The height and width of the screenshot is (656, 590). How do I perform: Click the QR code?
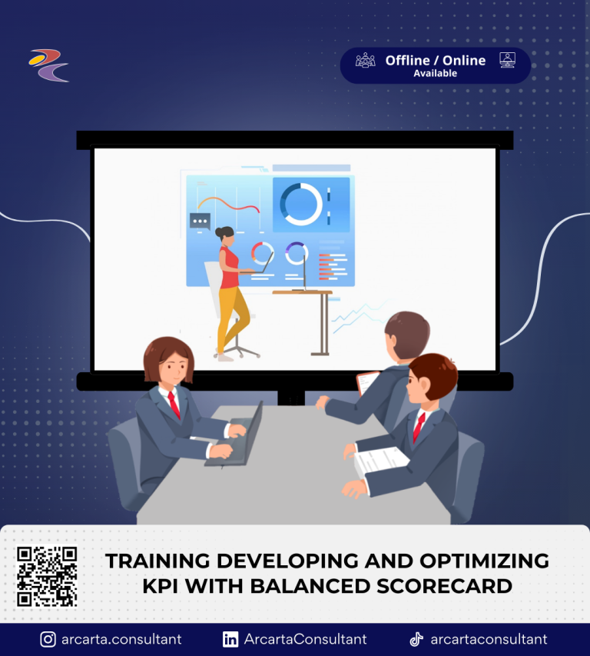click(x=47, y=576)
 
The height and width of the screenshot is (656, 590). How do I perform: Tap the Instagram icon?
click(x=48, y=639)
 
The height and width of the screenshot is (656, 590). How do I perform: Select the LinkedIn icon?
click(x=230, y=639)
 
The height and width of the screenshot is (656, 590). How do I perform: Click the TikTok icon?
click(x=416, y=639)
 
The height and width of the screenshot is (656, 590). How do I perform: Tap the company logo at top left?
click(x=49, y=65)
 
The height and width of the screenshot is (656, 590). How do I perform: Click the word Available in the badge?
click(x=436, y=74)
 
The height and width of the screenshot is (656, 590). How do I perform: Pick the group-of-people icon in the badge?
click(x=366, y=60)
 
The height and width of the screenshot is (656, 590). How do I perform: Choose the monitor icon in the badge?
click(x=507, y=60)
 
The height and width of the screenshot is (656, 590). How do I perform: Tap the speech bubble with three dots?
click(x=200, y=221)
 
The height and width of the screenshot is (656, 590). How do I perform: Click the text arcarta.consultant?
click(x=121, y=639)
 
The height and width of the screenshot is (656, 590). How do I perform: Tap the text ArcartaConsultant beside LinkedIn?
click(x=305, y=639)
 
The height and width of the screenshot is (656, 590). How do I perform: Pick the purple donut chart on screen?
click(x=297, y=253)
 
